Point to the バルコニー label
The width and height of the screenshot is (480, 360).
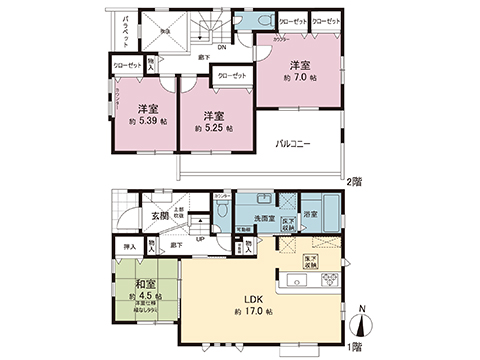point(293,144)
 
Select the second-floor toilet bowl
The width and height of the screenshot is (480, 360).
point(262,25)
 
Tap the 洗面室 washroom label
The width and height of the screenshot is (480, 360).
point(264,214)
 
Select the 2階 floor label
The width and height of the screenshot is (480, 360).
point(352,181)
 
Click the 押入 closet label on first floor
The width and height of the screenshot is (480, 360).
point(129,244)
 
